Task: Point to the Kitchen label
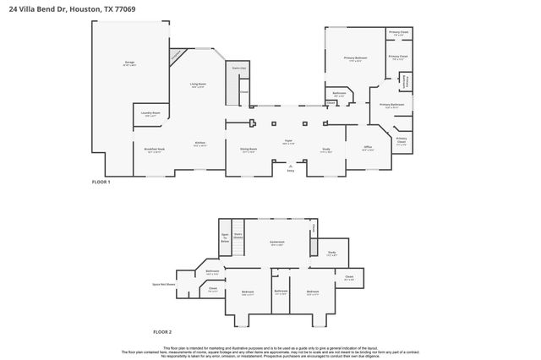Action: (x=200, y=144)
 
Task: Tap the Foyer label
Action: (x=288, y=142)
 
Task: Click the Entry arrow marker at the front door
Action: (x=289, y=166)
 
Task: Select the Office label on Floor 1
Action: (x=368, y=148)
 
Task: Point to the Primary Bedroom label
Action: (x=354, y=58)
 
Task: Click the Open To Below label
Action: (x=225, y=237)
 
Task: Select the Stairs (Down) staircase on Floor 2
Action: (x=238, y=237)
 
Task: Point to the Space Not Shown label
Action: (x=162, y=285)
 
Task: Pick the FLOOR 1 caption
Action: (x=101, y=182)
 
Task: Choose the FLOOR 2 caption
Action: (x=162, y=332)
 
